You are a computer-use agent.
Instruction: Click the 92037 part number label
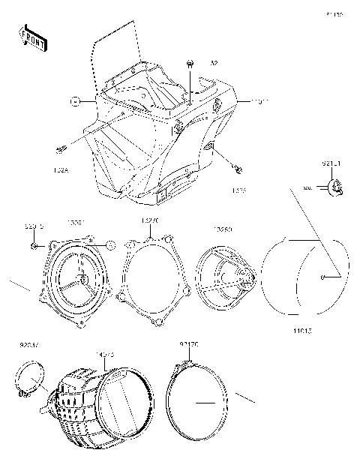click(28, 346)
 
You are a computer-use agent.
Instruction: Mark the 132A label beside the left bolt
click(61, 170)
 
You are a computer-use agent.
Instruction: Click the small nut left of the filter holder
click(34, 244)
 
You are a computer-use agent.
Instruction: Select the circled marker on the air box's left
click(75, 99)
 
